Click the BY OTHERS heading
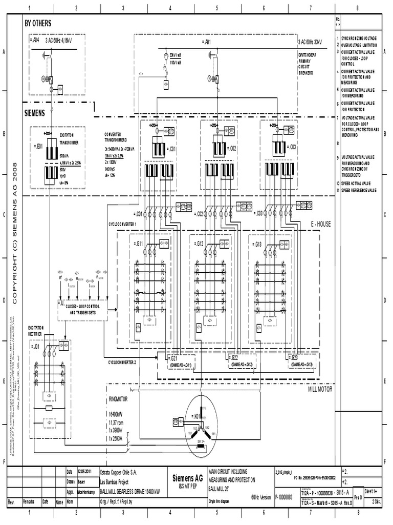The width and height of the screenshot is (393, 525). [38, 24]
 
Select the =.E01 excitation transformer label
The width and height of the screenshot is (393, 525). [37, 146]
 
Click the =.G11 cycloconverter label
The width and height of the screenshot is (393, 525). [138, 244]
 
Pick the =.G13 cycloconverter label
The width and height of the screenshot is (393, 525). [258, 244]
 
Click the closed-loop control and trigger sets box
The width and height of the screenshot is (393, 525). [83, 309]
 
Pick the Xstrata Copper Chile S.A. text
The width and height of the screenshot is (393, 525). [114, 471]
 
